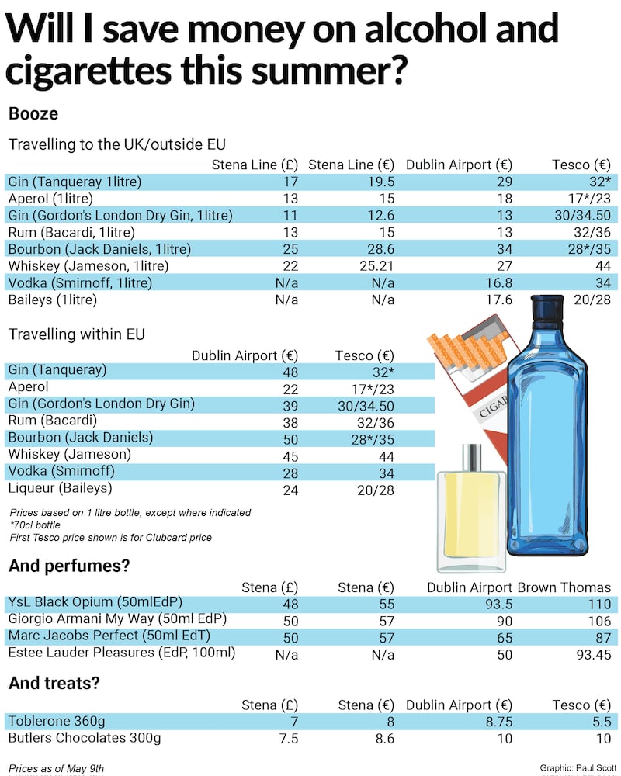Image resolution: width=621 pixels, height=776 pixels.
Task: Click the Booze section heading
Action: coord(33,113)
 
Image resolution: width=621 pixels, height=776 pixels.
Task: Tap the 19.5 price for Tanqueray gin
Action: coord(380,182)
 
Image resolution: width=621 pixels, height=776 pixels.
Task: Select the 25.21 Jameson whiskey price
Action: coord(374,266)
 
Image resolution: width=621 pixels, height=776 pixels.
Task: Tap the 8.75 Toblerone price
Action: coord(495,721)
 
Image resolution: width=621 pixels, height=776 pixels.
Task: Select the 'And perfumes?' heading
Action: coord(68,566)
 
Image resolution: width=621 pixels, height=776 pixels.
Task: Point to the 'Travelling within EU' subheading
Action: coord(77,335)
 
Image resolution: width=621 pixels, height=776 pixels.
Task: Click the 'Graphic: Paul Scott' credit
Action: coord(574,767)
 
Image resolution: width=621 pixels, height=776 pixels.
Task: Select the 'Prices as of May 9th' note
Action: coord(57,768)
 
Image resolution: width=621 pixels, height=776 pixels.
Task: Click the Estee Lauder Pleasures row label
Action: coord(121,653)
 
